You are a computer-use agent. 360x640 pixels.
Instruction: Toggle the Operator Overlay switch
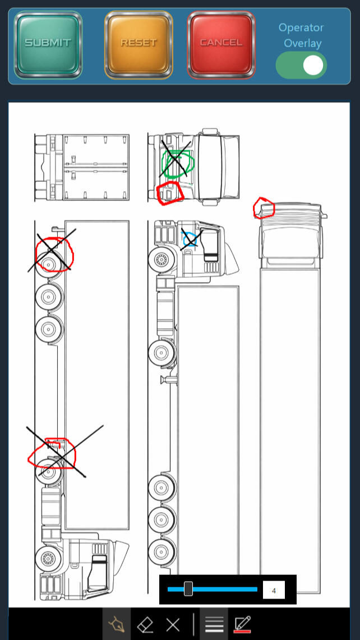(301, 65)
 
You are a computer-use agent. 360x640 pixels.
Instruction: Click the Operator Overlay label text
(301, 35)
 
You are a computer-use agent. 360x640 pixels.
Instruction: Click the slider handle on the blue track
(188, 589)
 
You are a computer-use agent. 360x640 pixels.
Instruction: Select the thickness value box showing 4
(274, 590)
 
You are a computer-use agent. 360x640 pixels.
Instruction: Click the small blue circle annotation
(190, 240)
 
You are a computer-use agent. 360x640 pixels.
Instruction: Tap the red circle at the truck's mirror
(264, 208)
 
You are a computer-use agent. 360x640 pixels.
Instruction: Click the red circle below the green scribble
(170, 193)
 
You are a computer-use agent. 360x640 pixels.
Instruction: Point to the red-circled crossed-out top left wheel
(52, 254)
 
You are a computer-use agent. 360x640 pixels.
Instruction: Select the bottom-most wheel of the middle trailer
(161, 547)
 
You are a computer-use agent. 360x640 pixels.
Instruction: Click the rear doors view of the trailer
(82, 167)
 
